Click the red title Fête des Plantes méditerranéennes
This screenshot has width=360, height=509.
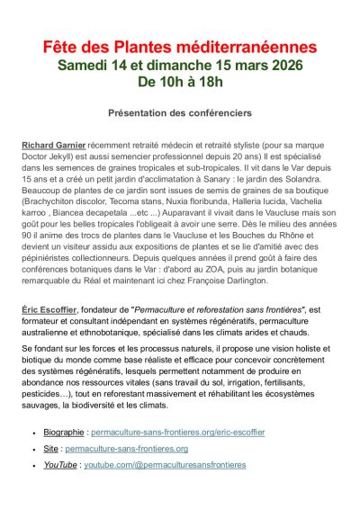click(x=180, y=46)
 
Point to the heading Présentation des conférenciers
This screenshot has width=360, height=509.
click(x=180, y=113)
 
